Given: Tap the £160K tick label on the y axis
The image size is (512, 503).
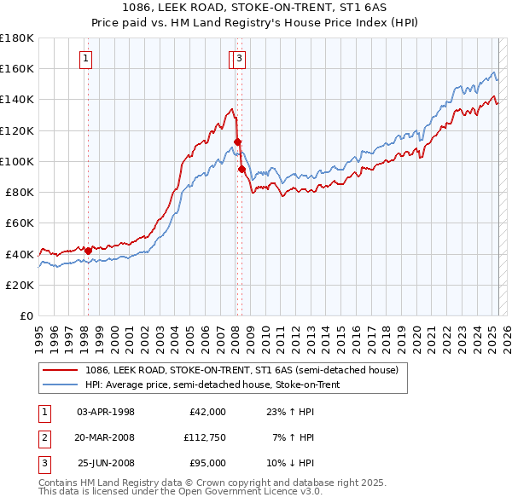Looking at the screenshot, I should pos(17,68).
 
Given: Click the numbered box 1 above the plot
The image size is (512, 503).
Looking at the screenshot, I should pos(87,59).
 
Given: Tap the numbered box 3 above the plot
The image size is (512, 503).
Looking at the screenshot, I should pos(240,59).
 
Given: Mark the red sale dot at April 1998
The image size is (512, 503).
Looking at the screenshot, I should pos(88,251).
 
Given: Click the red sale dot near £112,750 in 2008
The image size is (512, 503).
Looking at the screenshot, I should pos(237,142).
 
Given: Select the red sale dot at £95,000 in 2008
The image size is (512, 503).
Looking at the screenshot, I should pos(241,169).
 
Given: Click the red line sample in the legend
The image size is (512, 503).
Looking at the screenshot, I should pos(59,370).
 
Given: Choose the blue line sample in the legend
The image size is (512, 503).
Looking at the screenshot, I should pos(59,384).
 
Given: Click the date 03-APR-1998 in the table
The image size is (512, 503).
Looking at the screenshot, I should pos(106,412).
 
